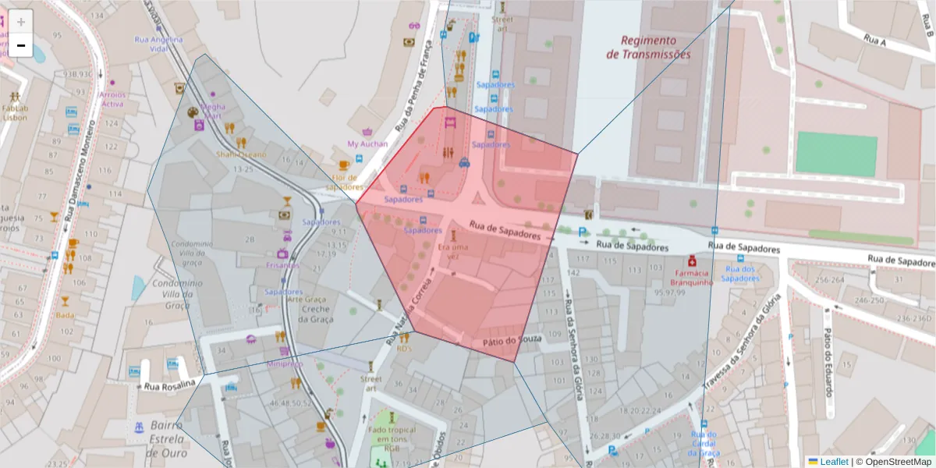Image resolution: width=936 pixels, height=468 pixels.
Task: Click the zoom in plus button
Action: pos(21,22)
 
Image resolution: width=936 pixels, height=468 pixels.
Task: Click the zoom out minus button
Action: pos(21,45)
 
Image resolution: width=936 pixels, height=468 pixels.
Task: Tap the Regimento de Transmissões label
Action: pos(648,47)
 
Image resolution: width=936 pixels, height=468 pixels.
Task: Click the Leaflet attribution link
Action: pos(833,462)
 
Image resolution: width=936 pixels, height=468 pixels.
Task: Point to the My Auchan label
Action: pos(367,144)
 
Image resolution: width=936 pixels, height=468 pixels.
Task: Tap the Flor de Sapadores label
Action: pos(345,182)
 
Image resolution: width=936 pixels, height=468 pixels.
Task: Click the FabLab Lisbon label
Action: pos(15,112)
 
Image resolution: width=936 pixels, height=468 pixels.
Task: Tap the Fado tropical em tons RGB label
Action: pos(392,439)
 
